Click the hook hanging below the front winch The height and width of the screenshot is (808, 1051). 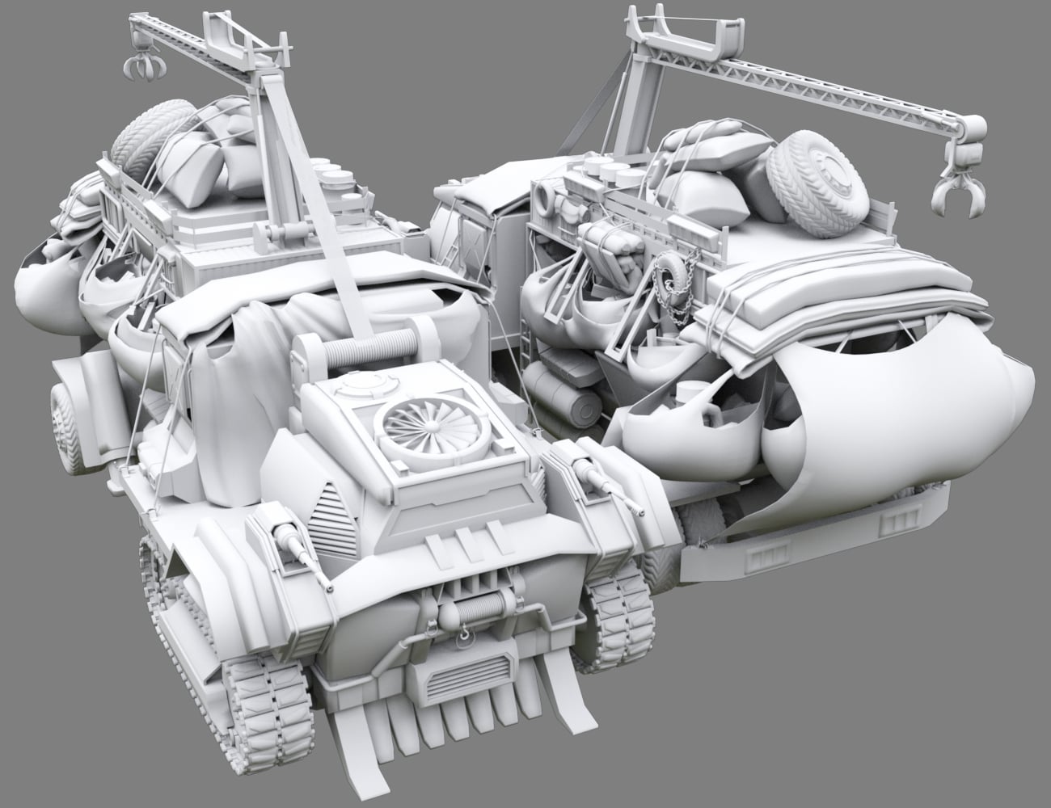click(466, 638)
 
